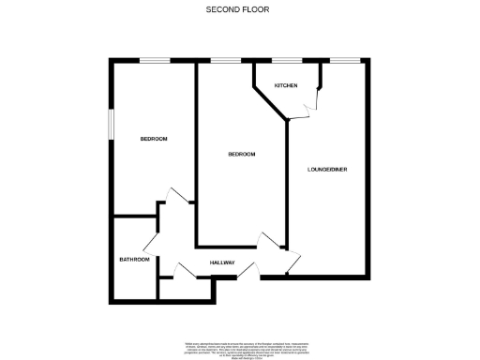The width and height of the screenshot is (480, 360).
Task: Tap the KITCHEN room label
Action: (x=286, y=85)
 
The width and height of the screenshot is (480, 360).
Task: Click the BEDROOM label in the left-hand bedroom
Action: (x=154, y=139)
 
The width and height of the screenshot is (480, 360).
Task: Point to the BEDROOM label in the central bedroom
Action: (x=242, y=154)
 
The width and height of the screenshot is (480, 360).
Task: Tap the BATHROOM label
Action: (x=134, y=259)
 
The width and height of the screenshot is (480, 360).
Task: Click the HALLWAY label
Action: (x=222, y=262)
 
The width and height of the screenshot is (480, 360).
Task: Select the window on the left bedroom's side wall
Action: (x=111, y=126)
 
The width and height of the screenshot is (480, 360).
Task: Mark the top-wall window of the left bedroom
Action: (x=155, y=62)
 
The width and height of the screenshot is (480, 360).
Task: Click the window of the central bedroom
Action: (x=225, y=62)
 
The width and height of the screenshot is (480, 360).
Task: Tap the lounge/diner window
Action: (x=345, y=62)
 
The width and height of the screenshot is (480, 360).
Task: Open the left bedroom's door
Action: (x=172, y=200)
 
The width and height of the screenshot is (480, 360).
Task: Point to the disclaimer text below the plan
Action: (x=239, y=349)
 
